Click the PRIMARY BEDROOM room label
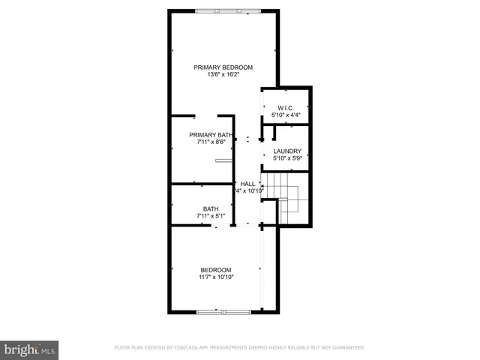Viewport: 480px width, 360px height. (223, 67)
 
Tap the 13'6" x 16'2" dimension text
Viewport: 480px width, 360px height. (223, 74)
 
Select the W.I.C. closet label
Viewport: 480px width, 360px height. (285, 108)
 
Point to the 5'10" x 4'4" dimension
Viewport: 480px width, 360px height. (285, 115)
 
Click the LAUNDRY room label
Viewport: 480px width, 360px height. (286, 151)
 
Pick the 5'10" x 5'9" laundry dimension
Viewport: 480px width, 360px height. (286, 158)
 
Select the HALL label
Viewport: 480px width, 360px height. (247, 184)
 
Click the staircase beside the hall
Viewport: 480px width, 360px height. (288, 198)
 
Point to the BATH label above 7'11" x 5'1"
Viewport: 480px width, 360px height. (211, 208)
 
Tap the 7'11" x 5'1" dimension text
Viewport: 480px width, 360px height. (211, 216)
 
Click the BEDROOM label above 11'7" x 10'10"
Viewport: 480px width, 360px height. (215, 270)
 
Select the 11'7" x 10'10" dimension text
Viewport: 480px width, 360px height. (215, 277)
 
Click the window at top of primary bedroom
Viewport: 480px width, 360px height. (228, 10)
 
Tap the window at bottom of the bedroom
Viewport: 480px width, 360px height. (222, 310)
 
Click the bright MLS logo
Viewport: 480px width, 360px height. (30, 350)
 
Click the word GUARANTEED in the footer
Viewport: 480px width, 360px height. (346, 348)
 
